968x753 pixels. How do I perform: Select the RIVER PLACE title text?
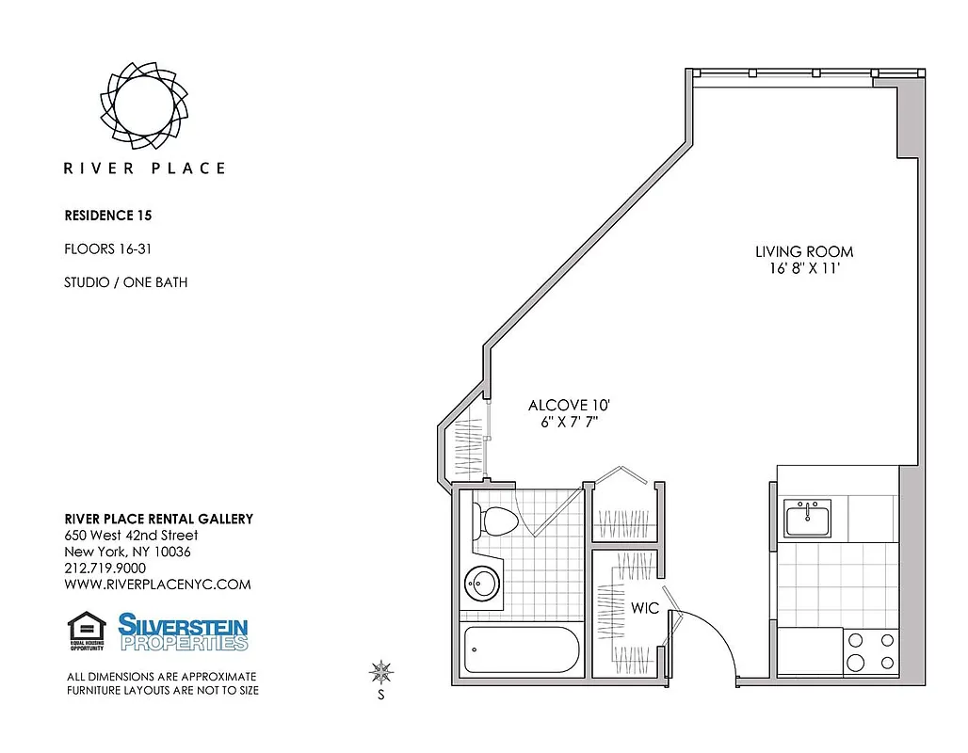coord(144,168)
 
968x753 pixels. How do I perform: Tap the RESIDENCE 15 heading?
coord(107,216)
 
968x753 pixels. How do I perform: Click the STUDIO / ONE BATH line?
coord(125,282)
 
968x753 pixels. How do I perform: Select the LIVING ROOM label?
coord(804,252)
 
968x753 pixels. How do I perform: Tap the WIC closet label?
coord(644,609)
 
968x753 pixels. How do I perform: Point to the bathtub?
coord(520,649)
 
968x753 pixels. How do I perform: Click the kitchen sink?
coord(808,517)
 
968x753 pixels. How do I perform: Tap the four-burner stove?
coord(870,651)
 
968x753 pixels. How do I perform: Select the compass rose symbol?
coord(381,672)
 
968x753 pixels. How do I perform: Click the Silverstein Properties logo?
coord(183,632)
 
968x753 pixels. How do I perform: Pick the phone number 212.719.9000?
coord(105,569)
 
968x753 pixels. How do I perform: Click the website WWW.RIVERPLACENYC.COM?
coord(157,585)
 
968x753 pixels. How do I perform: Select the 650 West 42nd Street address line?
coord(131,536)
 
